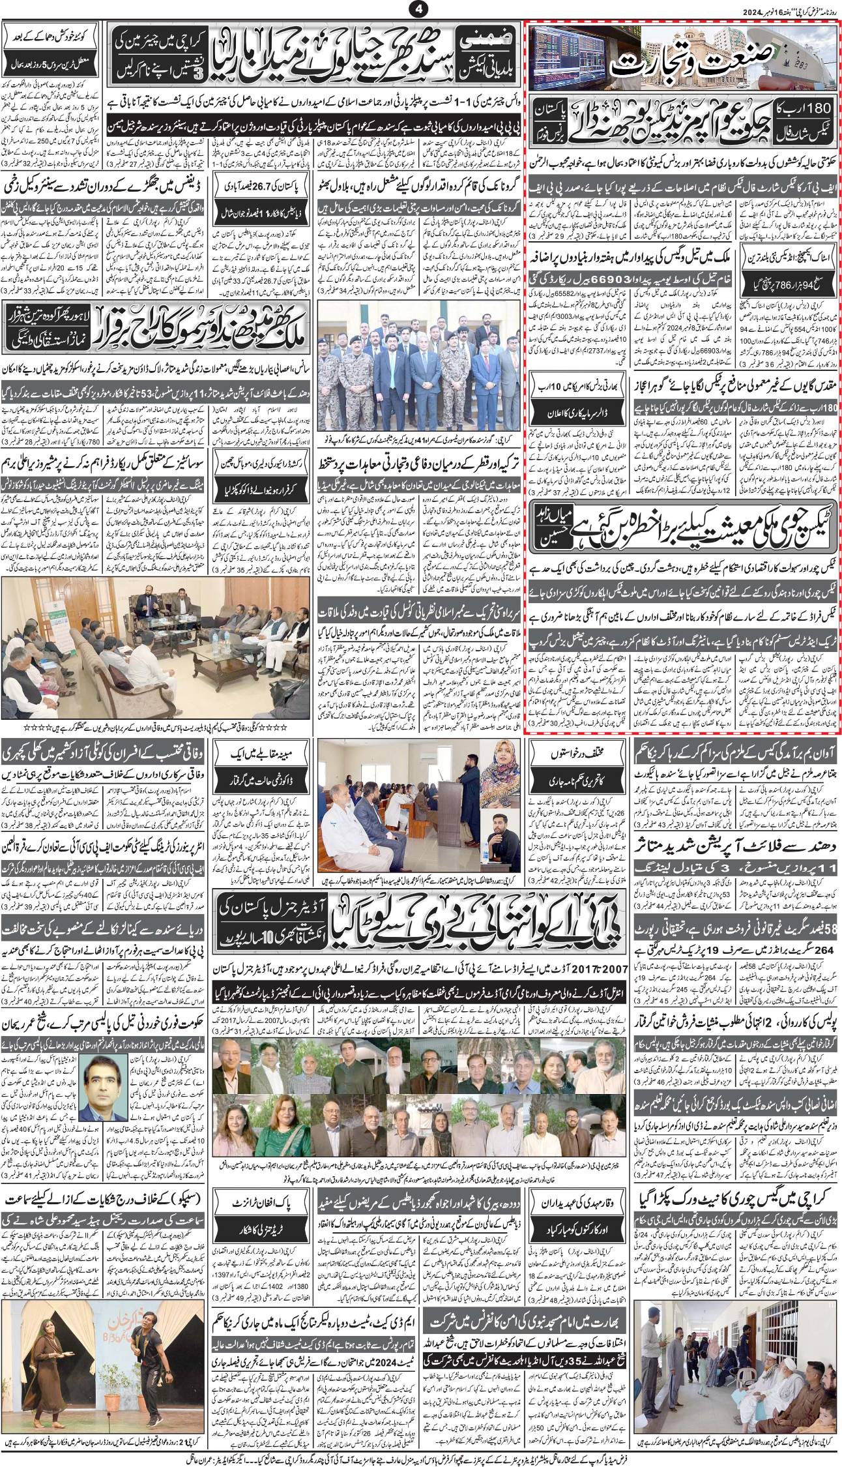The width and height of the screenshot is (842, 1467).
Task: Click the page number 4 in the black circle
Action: click(418, 9)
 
